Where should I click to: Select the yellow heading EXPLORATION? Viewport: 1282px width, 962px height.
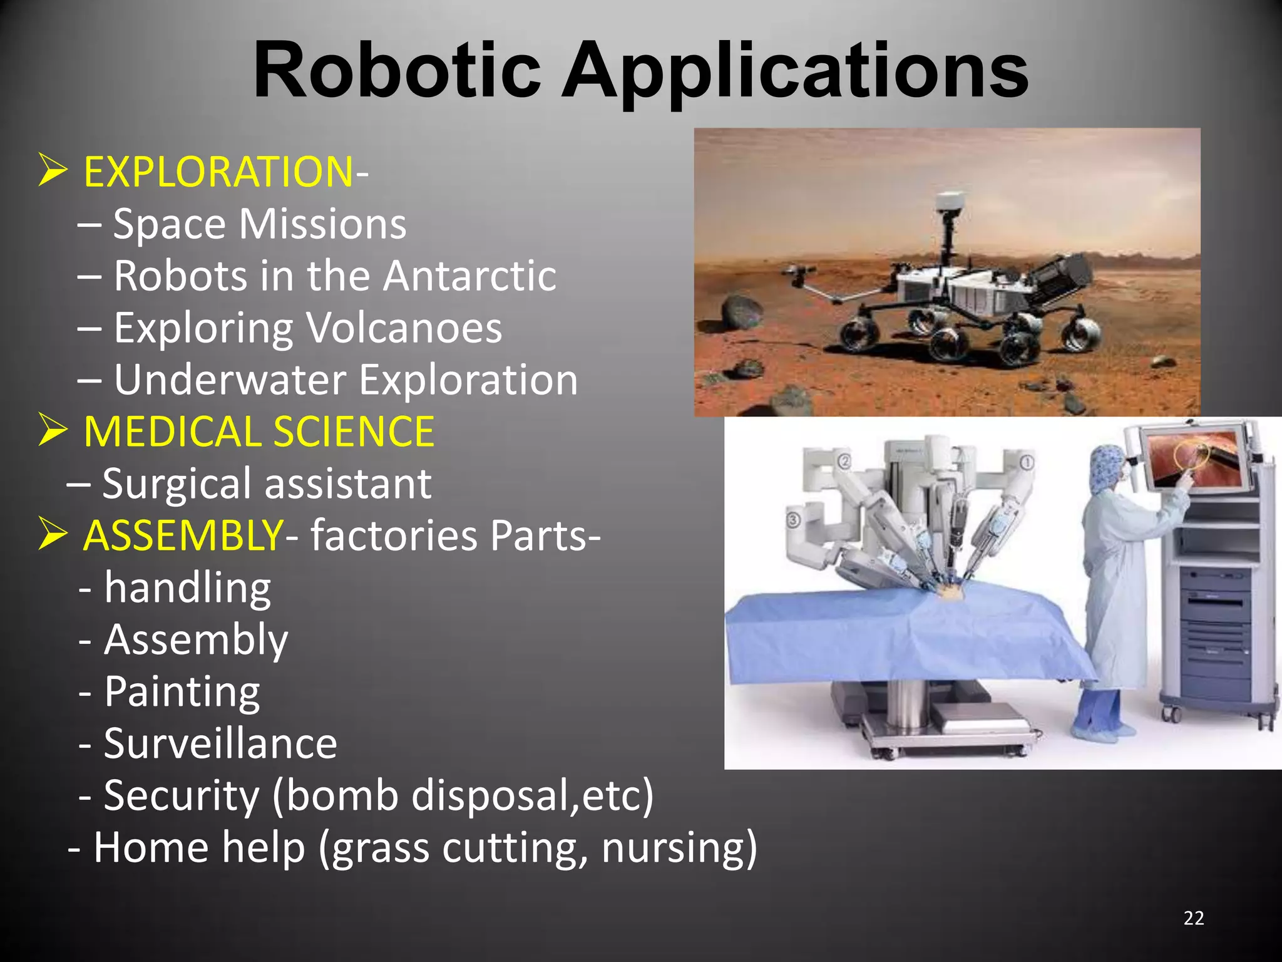[218, 172]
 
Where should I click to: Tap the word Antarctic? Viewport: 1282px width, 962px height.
[469, 276]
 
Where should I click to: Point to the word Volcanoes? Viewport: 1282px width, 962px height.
[404, 328]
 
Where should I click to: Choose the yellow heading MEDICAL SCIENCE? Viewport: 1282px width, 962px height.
[259, 432]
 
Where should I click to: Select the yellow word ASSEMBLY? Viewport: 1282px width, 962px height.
[183, 535]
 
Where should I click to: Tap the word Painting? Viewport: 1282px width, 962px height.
[182, 691]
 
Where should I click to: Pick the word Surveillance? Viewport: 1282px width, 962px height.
[220, 743]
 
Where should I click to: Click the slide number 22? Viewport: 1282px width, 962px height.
[1194, 918]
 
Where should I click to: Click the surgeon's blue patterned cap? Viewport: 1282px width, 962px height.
[1107, 467]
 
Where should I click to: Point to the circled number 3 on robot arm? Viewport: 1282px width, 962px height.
[793, 519]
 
